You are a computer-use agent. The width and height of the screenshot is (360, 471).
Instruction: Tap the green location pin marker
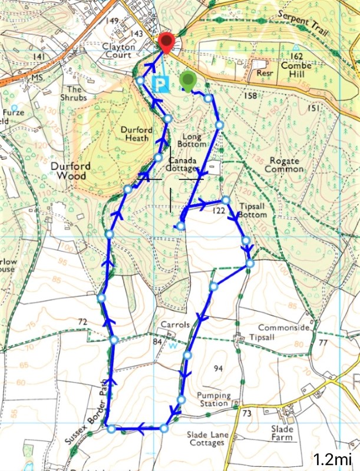(188, 79)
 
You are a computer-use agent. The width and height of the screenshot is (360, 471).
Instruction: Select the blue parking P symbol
(159, 84)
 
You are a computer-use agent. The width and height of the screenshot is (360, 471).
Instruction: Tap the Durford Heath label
(137, 134)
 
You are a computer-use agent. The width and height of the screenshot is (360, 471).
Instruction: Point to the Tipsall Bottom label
(254, 211)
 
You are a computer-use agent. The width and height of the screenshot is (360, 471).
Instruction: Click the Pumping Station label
(213, 399)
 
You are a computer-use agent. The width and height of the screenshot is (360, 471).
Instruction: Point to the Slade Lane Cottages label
(213, 438)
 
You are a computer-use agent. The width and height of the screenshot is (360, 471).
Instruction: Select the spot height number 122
(219, 211)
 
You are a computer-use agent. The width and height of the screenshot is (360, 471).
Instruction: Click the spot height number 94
(218, 369)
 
